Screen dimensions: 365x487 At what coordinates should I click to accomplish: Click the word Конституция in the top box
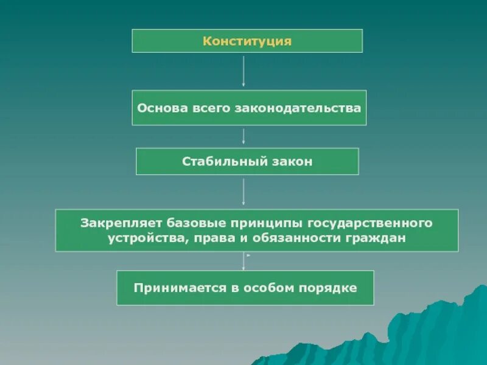(247, 41)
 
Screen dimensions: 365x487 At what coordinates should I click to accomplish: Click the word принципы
(254, 223)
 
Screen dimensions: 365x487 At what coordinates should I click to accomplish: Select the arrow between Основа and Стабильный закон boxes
(244, 136)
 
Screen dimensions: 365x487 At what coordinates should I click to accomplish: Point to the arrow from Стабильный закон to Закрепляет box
(244, 192)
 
